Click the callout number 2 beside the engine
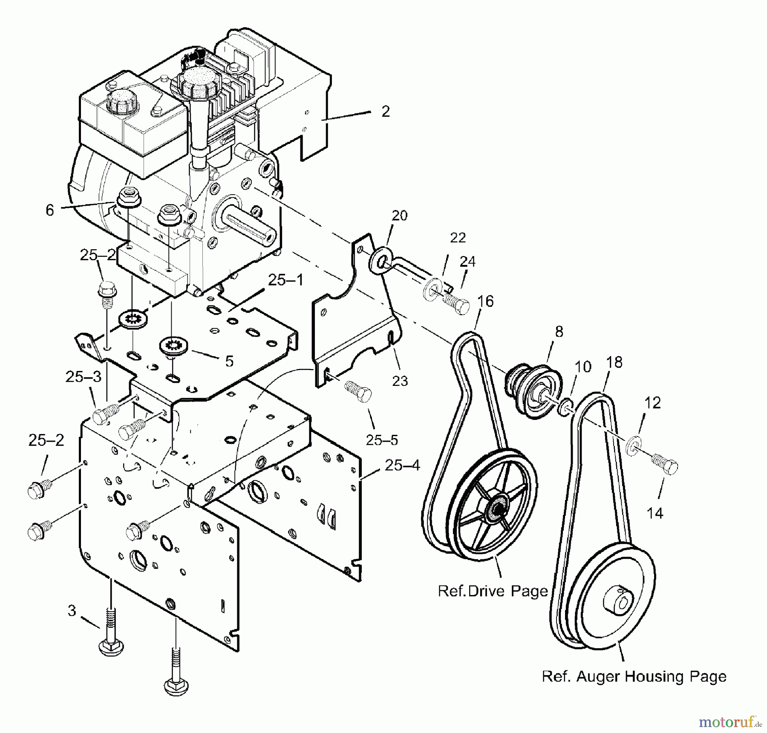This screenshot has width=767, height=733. (x=385, y=112)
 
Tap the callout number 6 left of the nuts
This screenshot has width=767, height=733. (x=50, y=210)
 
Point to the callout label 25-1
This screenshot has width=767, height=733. (x=285, y=280)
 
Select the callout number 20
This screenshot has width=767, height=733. (x=399, y=216)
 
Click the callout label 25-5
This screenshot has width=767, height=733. (x=382, y=440)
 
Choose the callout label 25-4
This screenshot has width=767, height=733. (x=402, y=465)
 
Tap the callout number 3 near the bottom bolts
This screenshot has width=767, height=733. (x=72, y=610)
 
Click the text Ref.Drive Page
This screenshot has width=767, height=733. (x=493, y=591)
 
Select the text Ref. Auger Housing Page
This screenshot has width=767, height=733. (x=634, y=676)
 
